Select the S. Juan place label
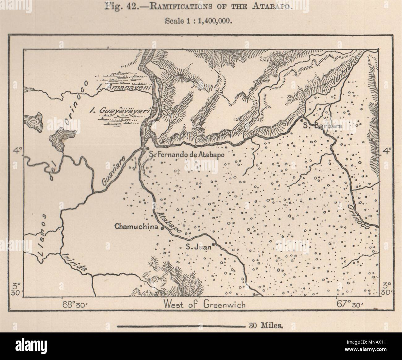click(x=198, y=247)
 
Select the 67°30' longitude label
click(x=350, y=305)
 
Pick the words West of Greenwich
click(x=205, y=305)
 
